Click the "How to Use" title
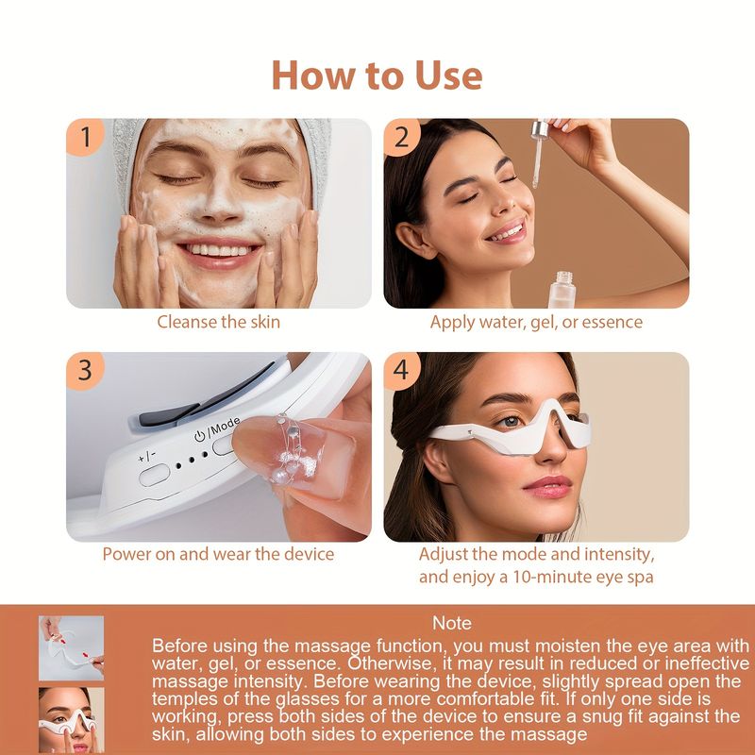[377, 75]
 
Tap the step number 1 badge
[86, 138]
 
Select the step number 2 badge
[402, 138]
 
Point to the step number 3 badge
[86, 371]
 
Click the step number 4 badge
[402, 371]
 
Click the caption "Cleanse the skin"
[218, 322]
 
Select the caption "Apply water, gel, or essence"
[536, 322]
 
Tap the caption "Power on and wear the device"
[218, 554]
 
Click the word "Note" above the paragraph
[451, 623]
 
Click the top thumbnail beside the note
[71, 647]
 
